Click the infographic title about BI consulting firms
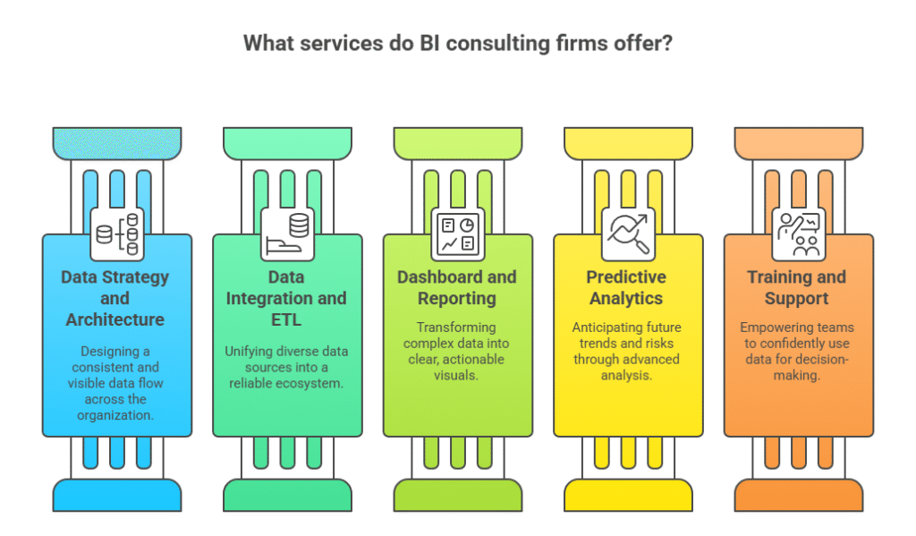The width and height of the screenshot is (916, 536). coord(457,43)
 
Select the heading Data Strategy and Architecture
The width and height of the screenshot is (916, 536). coord(114,298)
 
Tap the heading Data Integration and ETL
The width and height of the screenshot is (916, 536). coord(286,298)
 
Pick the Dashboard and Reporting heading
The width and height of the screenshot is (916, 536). coord(457,287)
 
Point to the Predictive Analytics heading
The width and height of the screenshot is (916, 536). coord(627,287)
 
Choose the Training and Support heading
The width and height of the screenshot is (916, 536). coord(797,287)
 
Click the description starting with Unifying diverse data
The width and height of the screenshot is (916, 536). coord(286,367)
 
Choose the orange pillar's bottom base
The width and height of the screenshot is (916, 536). coord(798,494)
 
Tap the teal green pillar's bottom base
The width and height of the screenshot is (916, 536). coord(287,494)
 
